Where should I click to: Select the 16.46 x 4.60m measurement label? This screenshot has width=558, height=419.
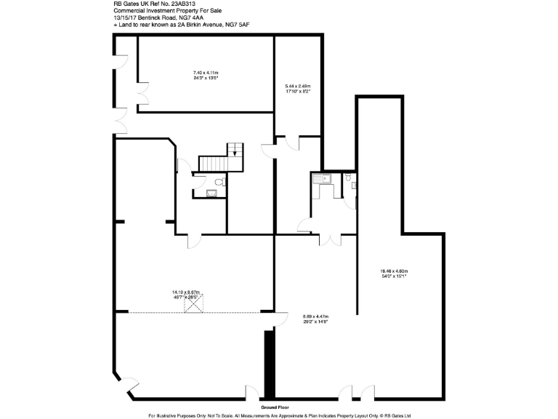pyautogui.click(x=394, y=274)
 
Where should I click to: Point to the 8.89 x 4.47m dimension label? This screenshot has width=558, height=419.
pyautogui.click(x=315, y=319)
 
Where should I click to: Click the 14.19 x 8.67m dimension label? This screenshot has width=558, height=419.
pyautogui.click(x=186, y=294)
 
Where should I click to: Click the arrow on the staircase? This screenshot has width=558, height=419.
pyautogui.click(x=234, y=151)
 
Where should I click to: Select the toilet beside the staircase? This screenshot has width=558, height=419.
pyautogui.click(x=220, y=182)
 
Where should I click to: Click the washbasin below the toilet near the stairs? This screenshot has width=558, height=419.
pyautogui.click(x=211, y=193)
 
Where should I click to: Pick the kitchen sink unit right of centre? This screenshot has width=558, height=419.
pyautogui.click(x=320, y=178)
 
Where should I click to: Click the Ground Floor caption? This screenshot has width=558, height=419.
pyautogui.click(x=275, y=409)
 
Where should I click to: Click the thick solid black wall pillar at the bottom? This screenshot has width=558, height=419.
pyautogui.click(x=268, y=362)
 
